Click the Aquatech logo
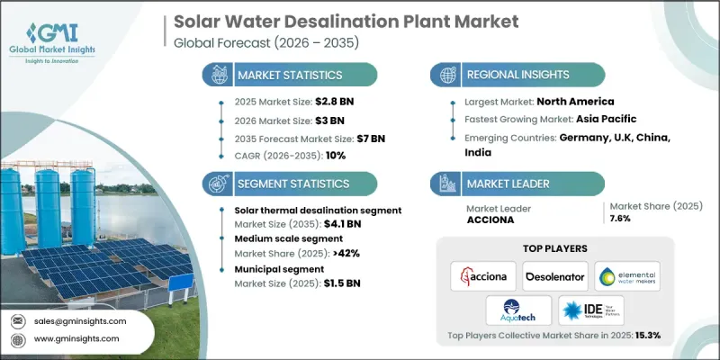pyautogui.click(x=517, y=310)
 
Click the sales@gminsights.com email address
pyautogui.click(x=81, y=320)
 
